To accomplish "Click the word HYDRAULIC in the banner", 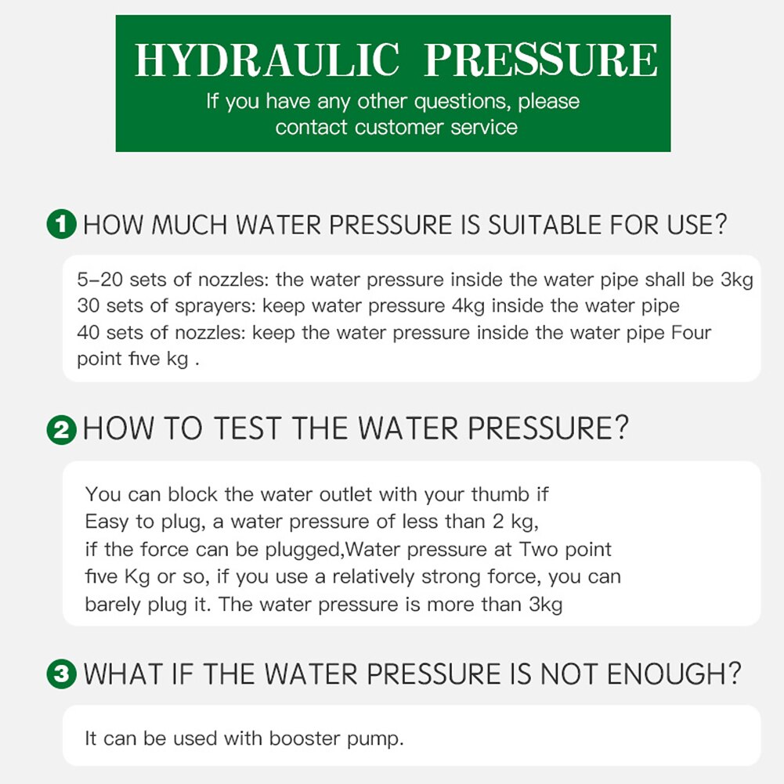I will tap(266, 60).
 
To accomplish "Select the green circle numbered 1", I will tap(62, 226).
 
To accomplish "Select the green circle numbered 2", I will tap(62, 430).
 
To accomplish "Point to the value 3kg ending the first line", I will tap(736, 280).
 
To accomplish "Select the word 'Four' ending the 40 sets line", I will tap(692, 333).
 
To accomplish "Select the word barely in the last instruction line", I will tap(114, 605).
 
